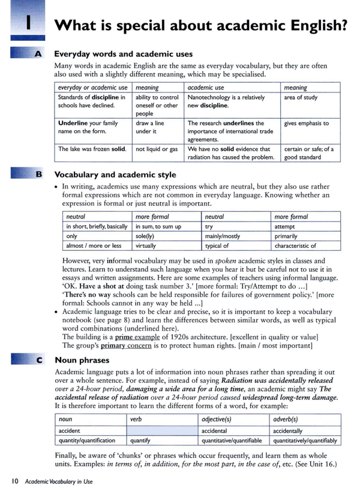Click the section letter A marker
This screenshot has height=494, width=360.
coord(38,53)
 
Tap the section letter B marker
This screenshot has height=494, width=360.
coord(38,175)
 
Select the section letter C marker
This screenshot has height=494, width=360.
coord(38,360)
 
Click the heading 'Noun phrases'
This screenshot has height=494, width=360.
coord(82,360)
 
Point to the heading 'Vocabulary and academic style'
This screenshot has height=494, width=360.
coord(115,175)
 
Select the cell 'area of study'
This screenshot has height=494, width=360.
coord(301,97)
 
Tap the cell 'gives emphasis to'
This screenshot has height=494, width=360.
coord(307,123)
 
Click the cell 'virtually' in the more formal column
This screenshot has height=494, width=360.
coord(145,245)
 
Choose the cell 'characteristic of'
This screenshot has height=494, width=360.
coord(295,245)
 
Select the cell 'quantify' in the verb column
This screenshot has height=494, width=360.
coord(140,440)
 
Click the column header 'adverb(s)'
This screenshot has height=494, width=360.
coord(286,420)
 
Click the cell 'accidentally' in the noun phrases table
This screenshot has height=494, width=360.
coord(288,430)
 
